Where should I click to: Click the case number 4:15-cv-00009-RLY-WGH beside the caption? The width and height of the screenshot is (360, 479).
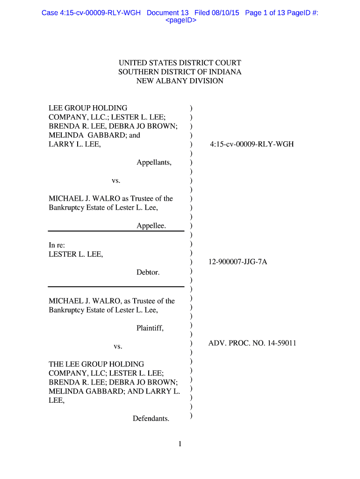tap(252, 145)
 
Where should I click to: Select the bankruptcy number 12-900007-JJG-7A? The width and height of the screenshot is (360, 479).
tap(238, 262)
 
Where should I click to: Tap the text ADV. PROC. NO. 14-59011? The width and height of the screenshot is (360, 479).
tap(252, 344)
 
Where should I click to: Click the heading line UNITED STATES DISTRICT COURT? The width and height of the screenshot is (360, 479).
tap(180, 63)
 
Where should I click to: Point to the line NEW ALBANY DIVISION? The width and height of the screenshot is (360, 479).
tap(180, 81)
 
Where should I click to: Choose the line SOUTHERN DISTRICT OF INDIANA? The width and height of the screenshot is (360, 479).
tap(180, 72)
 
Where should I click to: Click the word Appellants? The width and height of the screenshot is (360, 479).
tap(154, 163)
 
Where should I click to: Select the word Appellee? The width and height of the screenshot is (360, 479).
tap(151, 226)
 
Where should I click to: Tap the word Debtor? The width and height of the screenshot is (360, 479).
tap(148, 272)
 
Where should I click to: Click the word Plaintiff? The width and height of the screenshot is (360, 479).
tap(150, 328)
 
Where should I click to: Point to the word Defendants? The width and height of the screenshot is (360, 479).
tap(151, 419)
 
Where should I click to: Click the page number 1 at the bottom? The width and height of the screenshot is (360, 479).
tap(180, 444)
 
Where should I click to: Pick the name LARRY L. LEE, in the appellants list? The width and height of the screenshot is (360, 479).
tap(75, 145)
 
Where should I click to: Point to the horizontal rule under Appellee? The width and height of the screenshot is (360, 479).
tap(116, 231)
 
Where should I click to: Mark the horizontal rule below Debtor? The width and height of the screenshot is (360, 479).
tap(116, 287)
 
